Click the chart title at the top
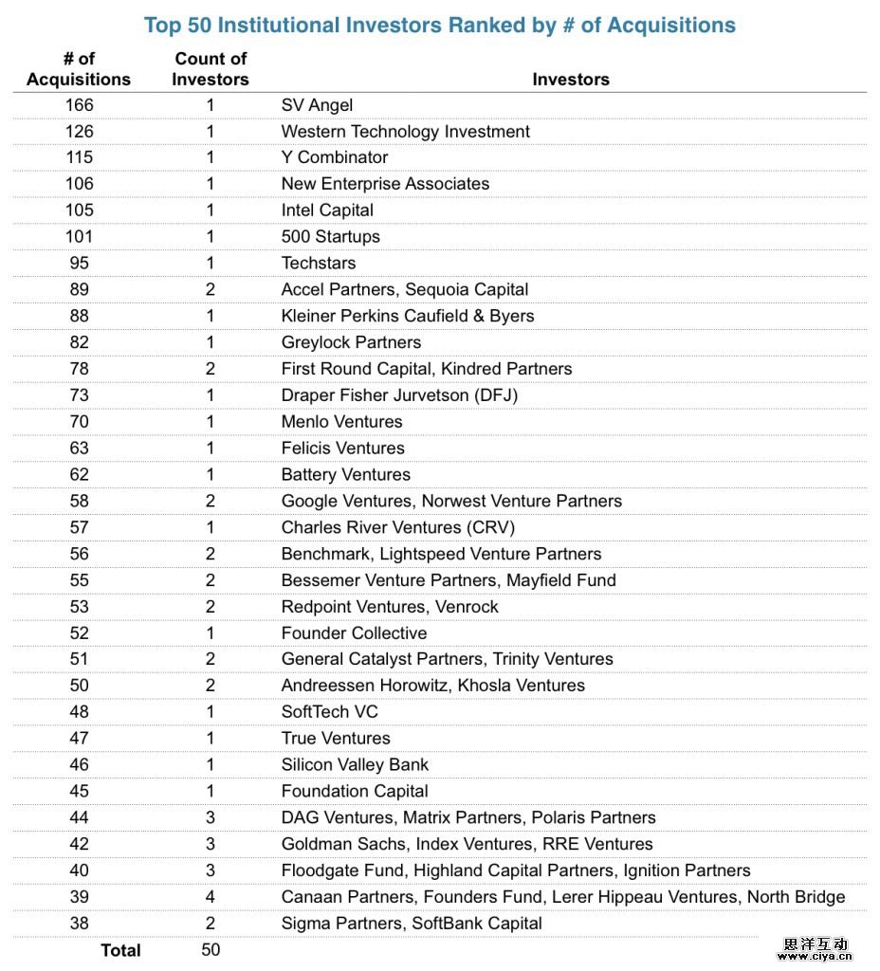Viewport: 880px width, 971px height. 439,25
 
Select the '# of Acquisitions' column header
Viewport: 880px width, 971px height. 79,69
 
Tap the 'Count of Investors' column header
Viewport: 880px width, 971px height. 211,69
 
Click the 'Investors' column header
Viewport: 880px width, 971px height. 571,80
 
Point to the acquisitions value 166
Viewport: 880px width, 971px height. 80,104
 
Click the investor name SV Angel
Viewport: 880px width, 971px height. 317,104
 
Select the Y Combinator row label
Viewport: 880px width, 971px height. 335,157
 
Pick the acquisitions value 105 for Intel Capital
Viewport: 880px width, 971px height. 80,211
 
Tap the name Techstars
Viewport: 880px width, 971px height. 319,263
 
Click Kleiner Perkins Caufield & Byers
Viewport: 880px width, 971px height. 408,316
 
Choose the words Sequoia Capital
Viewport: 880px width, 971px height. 467,289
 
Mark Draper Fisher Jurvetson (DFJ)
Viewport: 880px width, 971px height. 399,395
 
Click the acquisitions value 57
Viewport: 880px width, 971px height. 80,527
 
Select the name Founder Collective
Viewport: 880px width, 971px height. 354,632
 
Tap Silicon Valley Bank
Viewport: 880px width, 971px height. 355,764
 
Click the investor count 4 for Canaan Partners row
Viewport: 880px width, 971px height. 211,897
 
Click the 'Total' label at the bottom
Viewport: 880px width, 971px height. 120,950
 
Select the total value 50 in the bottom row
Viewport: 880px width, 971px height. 211,949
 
